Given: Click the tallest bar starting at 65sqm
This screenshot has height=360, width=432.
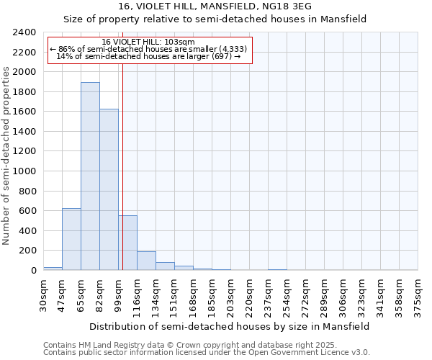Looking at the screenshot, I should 90,176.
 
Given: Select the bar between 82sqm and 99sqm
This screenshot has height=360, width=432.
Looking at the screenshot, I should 109,189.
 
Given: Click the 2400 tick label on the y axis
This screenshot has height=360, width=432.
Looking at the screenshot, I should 24,32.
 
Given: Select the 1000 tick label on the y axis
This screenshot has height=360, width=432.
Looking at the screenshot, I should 24,171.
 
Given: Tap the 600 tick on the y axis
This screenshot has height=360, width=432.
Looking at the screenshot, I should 27,211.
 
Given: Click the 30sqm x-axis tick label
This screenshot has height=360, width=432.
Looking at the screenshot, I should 43,293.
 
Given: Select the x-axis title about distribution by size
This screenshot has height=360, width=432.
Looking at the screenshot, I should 230,326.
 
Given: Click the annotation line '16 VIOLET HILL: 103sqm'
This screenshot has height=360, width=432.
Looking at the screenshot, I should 148,42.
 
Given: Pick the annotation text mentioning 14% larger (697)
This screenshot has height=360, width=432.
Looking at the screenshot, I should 148,56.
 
